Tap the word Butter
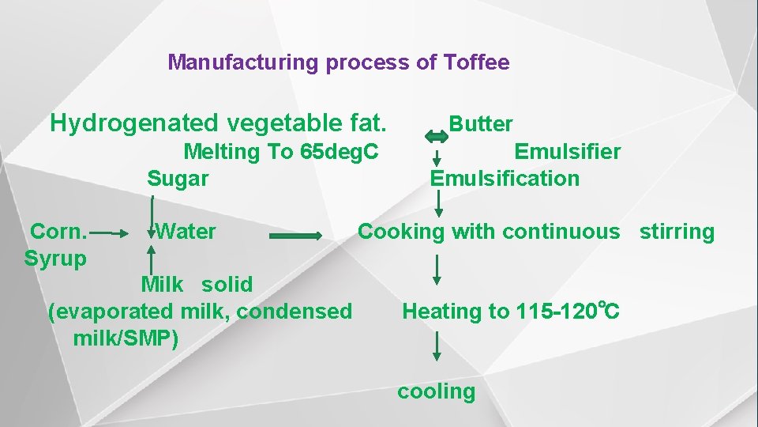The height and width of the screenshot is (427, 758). click(481, 124)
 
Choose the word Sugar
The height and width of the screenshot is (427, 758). click(178, 178)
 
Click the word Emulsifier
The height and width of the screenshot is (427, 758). click(568, 151)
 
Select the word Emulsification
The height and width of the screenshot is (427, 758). click(505, 178)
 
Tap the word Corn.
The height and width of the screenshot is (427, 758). click(58, 232)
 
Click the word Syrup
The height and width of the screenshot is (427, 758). click(55, 259)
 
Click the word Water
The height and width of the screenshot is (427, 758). click(186, 232)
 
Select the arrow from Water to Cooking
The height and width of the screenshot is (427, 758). click(295, 236)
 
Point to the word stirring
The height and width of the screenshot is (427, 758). click(677, 232)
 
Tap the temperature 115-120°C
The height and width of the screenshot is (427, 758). click(568, 311)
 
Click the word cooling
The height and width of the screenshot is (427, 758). click(436, 391)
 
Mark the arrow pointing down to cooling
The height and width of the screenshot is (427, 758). click(437, 348)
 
